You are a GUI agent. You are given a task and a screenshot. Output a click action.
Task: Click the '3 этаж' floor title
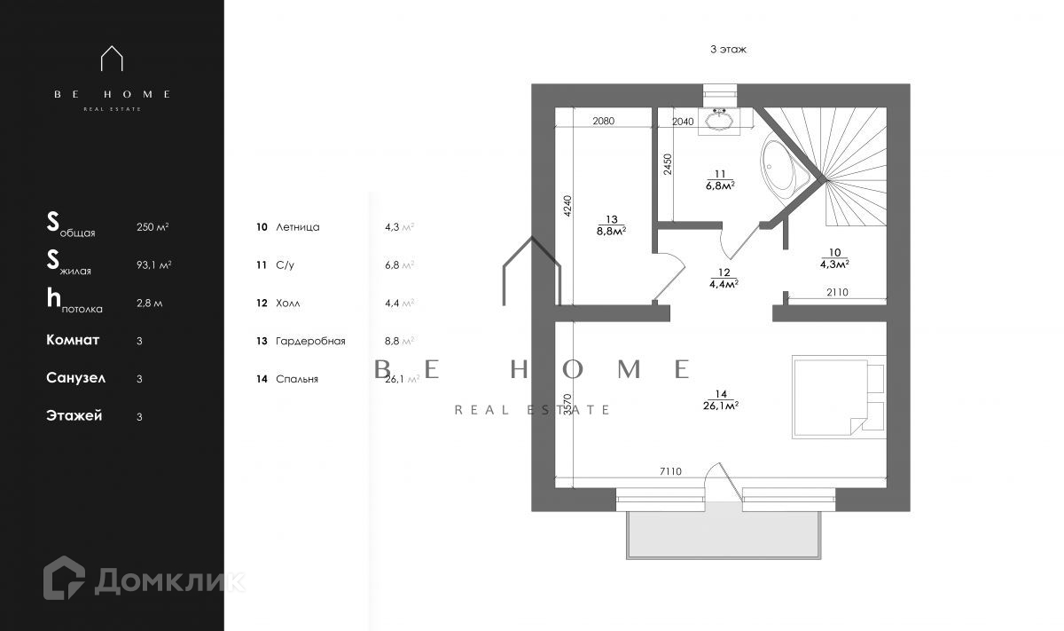coord(728,50)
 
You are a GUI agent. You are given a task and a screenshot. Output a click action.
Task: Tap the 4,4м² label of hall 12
coord(724,284)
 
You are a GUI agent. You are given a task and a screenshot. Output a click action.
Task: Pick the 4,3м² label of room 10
coord(834,264)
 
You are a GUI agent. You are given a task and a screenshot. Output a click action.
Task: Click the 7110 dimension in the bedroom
coord(669,472)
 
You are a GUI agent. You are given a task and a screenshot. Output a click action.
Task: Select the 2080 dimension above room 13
coord(603,121)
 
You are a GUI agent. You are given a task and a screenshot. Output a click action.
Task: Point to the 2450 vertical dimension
coord(668,163)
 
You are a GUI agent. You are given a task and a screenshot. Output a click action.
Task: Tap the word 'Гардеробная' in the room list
coord(310,341)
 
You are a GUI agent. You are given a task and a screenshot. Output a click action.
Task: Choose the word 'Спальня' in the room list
coord(297,379)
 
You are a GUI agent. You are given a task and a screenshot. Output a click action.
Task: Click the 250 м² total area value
coord(153,227)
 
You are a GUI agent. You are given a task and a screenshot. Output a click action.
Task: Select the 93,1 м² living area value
coord(154,265)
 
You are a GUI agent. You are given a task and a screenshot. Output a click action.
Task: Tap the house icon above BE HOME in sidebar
coord(112,59)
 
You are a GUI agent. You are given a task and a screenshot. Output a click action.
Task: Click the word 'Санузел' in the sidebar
coord(76,378)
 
